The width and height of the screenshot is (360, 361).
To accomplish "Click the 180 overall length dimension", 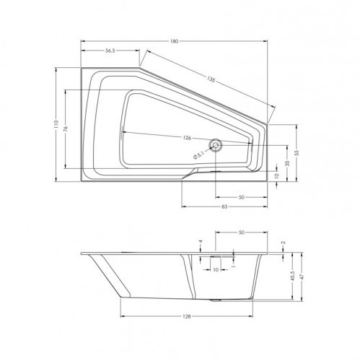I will click(174, 42).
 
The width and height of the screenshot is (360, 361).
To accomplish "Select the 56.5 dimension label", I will click(111, 51).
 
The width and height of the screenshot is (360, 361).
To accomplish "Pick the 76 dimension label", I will click(66, 129).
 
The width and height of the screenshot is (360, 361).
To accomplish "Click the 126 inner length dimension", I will click(186, 138).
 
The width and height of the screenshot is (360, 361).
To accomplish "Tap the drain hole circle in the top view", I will click(215, 146).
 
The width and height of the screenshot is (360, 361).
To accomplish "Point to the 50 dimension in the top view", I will click(241, 196).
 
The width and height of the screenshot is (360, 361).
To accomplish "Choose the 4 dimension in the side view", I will click(201, 243).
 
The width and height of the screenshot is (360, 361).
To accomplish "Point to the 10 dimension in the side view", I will click(216, 269).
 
